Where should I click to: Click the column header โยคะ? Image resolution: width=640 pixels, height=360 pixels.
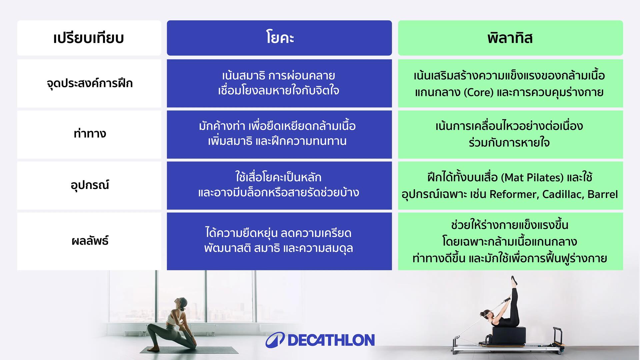click(x=279, y=38)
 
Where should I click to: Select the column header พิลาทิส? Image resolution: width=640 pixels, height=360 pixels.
click(x=510, y=38)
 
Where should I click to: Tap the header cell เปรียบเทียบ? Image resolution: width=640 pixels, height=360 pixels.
click(x=89, y=38)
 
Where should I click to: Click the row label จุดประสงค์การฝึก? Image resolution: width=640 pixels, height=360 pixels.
click(x=90, y=83)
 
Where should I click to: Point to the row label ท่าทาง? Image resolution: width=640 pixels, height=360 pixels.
click(x=90, y=133)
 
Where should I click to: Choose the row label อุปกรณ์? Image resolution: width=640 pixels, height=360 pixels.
click(x=90, y=185)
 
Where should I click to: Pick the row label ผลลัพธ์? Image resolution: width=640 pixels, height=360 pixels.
click(x=90, y=240)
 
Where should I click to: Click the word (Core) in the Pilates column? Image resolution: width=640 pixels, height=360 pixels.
click(x=478, y=92)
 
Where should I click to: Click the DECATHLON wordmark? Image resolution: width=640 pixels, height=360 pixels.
click(x=331, y=340)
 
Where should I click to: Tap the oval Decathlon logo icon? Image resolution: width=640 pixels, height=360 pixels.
click(x=275, y=340)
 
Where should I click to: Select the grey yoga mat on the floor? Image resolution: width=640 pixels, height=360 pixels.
click(x=189, y=350)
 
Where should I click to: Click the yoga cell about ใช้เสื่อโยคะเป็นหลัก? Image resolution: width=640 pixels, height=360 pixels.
click(x=279, y=186)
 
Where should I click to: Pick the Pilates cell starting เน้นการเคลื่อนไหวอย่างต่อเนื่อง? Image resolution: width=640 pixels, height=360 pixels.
click(x=510, y=135)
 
